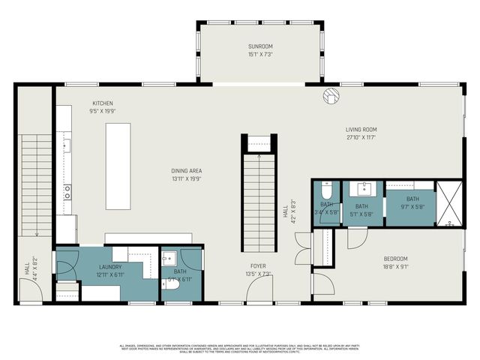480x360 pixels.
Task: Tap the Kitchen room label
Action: point(102,103)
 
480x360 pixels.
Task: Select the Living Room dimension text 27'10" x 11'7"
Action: point(361,137)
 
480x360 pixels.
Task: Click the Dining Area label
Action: point(186,170)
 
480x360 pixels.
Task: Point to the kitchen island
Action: point(118,166)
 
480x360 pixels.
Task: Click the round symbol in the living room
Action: point(331,96)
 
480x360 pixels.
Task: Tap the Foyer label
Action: point(259,265)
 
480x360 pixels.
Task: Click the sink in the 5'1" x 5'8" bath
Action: point(362,188)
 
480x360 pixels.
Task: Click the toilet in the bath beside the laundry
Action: point(171,284)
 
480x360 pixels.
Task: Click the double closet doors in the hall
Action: point(302,249)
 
